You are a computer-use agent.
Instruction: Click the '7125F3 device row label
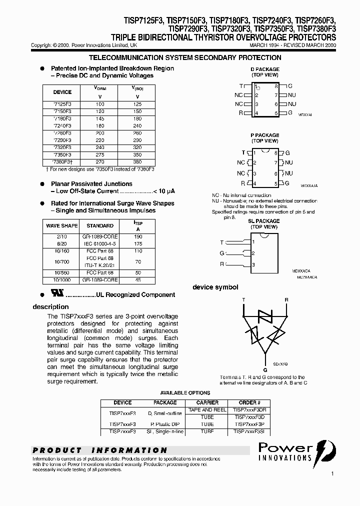(62, 103)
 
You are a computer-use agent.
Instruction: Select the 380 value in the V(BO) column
(137, 162)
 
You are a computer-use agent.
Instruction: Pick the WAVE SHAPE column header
(60, 226)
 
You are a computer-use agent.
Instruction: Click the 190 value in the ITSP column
(138, 236)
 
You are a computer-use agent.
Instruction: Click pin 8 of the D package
(276, 86)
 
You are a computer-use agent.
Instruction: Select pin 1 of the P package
(255, 152)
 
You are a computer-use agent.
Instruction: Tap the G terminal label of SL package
(221, 253)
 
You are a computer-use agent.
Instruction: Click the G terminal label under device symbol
(265, 369)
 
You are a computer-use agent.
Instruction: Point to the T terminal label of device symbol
(243, 300)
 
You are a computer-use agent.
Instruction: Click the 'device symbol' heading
(215, 287)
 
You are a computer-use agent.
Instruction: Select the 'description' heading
(50, 306)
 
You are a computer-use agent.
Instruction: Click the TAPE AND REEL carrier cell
(207, 409)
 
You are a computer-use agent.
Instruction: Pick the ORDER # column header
(249, 402)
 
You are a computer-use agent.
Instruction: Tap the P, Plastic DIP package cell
(165, 423)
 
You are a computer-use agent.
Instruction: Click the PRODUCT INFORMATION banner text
(100, 450)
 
